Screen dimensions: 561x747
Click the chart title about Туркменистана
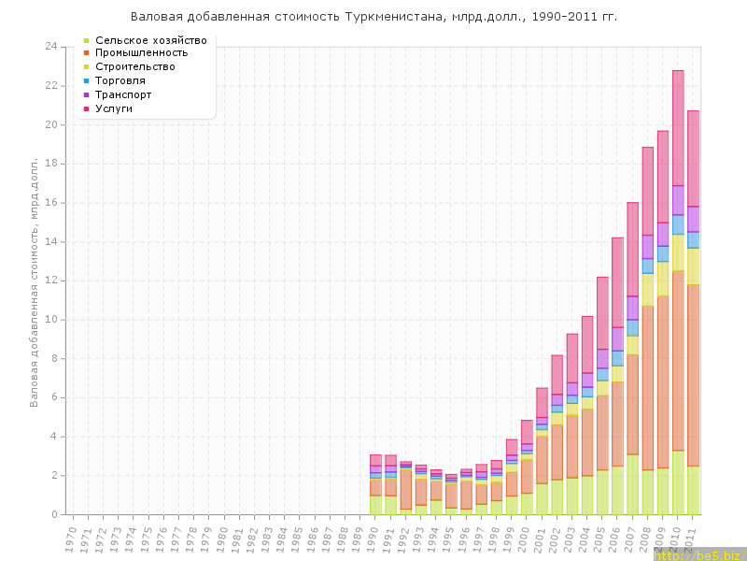pos(373,17)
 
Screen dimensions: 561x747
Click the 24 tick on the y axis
pos(51,47)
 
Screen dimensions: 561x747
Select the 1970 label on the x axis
pos(71,537)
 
